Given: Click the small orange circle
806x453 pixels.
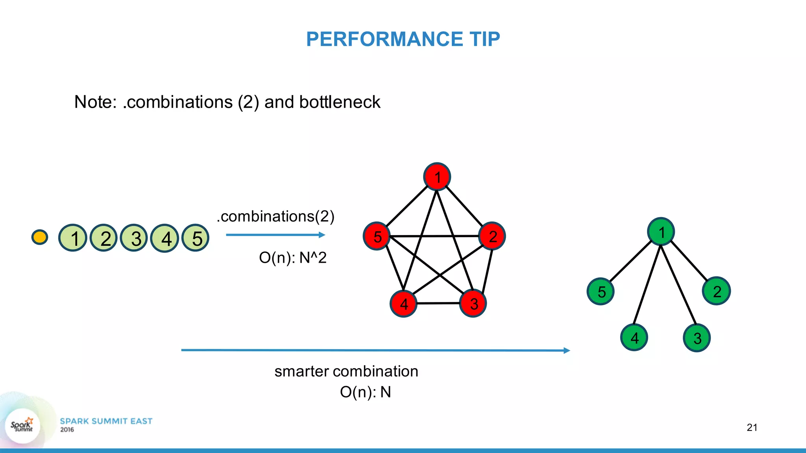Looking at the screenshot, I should pos(40,237).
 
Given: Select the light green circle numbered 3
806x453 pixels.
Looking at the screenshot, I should pos(134,238).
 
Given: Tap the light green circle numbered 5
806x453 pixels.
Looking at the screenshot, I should pos(195,238).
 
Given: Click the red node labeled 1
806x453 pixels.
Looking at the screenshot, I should pos(437,177).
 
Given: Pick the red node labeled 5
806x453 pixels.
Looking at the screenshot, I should pos(377,236).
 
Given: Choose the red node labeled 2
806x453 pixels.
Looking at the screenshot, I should pos(492,236).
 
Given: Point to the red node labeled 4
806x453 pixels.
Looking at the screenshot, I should pos(403,304).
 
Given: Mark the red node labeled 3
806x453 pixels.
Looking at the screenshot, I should pos(473,303).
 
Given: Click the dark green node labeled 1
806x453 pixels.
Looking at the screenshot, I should pos(661,232).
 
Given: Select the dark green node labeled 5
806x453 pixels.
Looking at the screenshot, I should pos(601,291).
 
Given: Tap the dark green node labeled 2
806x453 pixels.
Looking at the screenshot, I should pos(716,291).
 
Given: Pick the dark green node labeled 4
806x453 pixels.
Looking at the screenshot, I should pos(634,337).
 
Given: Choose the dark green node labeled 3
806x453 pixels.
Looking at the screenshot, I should pos(697,338).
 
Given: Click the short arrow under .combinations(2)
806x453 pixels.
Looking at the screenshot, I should pos(275,235).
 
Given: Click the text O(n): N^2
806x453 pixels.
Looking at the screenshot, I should pos(293,258).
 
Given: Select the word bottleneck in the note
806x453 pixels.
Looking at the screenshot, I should pos(340,102).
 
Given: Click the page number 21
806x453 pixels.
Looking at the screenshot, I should pos(752,427).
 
